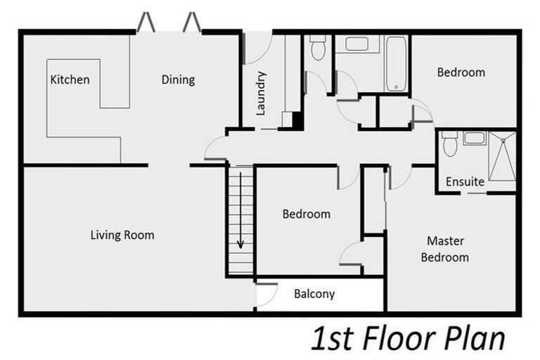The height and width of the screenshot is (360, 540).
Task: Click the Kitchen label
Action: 70,79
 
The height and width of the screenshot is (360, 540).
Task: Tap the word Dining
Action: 178,80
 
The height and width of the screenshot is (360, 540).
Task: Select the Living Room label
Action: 122,235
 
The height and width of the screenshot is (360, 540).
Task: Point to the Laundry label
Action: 261,93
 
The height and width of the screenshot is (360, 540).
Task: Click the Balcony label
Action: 314,294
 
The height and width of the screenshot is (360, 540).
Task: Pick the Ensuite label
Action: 465,181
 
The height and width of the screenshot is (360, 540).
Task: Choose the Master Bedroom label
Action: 445,249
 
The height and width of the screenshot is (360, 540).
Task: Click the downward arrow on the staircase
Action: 240,210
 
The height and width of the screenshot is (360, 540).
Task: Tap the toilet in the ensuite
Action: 449,143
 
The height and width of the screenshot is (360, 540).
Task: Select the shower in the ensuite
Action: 503,155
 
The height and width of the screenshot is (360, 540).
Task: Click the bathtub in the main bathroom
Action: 396,64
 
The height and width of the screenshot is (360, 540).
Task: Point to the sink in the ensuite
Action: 474,138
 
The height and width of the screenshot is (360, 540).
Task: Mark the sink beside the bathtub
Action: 356,44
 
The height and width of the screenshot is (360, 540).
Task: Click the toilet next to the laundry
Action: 318,48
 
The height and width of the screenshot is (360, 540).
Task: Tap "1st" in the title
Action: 333,340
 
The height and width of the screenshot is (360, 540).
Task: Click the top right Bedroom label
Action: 461,72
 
